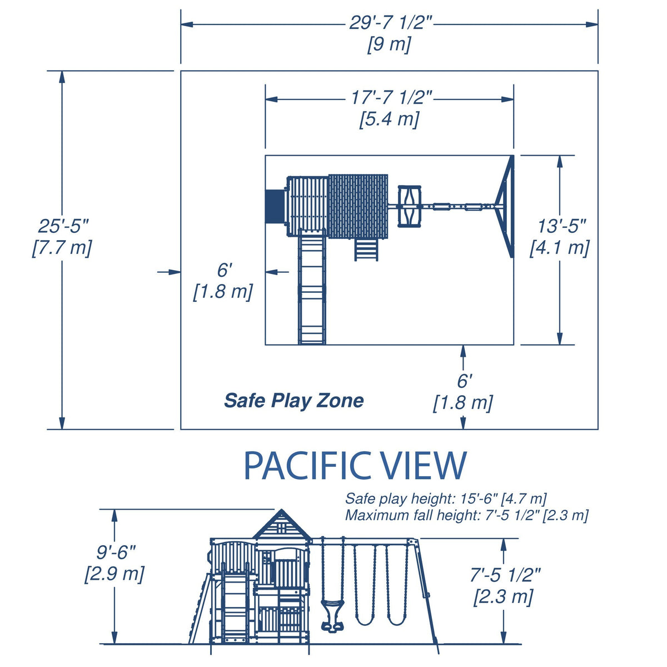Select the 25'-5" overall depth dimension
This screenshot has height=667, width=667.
coord(63,226)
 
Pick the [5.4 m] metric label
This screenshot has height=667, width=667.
coord(389,118)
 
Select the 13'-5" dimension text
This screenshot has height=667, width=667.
coord(562,226)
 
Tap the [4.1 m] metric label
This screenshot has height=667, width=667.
coord(560,247)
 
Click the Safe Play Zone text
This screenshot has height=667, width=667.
coord(294,400)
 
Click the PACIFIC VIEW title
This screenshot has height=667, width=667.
coord(355,466)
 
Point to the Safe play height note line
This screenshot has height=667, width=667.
coord(446,499)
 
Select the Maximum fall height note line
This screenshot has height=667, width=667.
coord(466,515)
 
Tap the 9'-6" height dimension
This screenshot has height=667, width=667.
coord(116,552)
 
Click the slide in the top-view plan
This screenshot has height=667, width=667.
coord(312,286)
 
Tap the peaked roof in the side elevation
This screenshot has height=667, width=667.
coord(282,524)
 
